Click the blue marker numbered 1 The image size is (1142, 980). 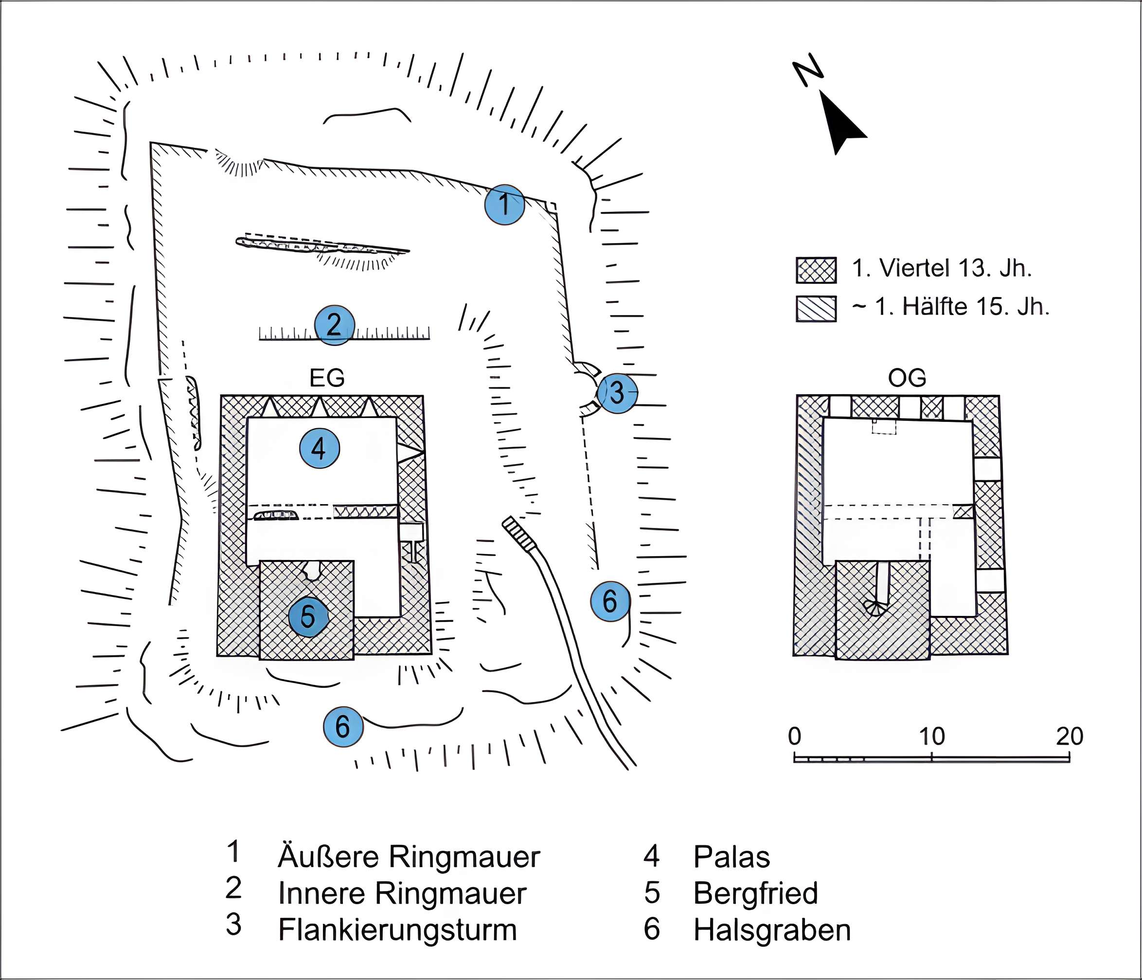point(504,204)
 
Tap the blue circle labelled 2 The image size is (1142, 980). point(334,325)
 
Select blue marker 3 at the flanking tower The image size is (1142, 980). point(617,392)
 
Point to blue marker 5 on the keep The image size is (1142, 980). point(308,616)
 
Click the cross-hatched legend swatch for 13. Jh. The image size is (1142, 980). point(816,270)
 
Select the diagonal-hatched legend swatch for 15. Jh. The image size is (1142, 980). point(816,309)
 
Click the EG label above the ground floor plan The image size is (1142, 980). point(327,378)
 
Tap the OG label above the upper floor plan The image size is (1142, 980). point(907,378)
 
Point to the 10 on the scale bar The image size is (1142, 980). point(931,736)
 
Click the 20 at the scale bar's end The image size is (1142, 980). point(1069,736)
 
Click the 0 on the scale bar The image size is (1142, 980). point(794,736)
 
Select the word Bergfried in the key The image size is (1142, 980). point(755,893)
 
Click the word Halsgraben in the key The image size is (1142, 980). point(771,930)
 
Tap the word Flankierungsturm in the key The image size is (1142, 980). point(397,930)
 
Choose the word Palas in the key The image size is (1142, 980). point(732,857)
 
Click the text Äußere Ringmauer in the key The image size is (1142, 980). point(409,857)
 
